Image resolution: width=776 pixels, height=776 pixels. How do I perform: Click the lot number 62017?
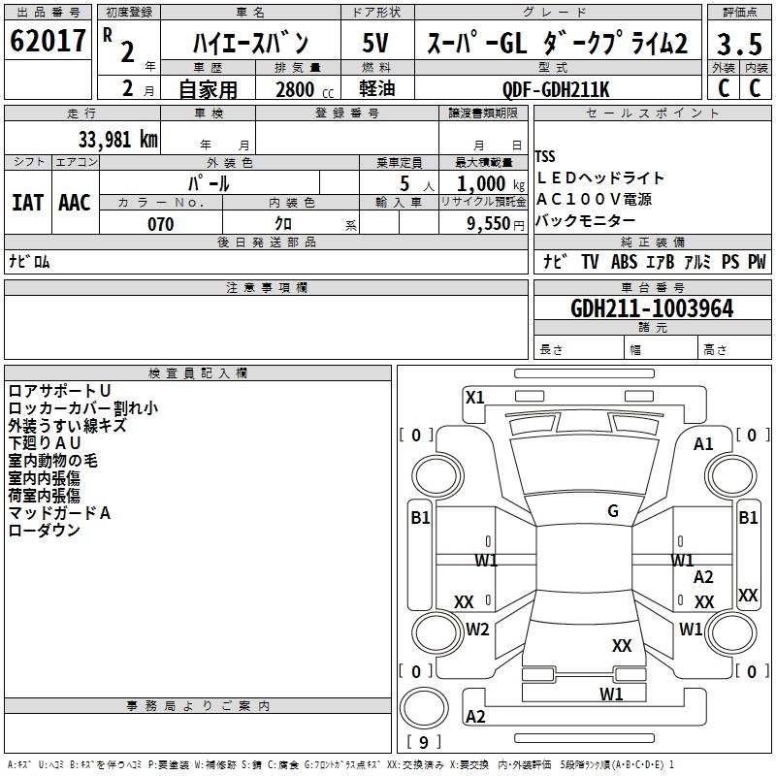48,42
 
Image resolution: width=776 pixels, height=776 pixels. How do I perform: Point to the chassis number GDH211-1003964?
652,308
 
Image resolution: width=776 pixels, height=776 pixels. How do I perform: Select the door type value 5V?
376,43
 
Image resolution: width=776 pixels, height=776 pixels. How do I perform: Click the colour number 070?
161,224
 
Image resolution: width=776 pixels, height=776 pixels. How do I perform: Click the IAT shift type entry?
27,202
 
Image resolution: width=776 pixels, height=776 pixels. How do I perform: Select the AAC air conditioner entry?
75,202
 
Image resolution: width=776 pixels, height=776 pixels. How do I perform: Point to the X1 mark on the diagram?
475,397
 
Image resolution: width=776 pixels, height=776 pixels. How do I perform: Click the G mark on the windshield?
613,511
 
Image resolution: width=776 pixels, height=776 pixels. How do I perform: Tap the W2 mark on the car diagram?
477,629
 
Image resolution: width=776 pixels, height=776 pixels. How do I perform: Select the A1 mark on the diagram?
703,444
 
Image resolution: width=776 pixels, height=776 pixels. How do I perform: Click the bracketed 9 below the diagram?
423,743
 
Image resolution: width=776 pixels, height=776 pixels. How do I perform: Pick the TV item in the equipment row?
590,262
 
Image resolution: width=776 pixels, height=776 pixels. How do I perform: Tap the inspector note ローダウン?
44,531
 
